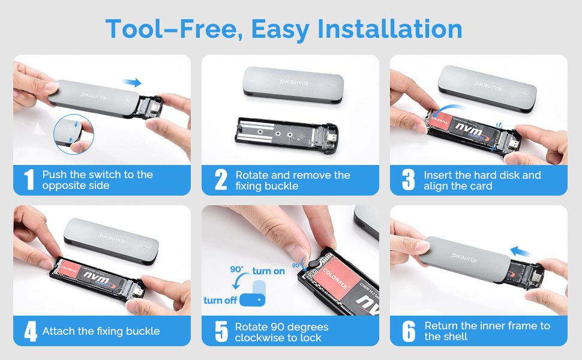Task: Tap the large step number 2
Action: (221, 179)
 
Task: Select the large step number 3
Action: (409, 179)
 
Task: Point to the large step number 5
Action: (221, 331)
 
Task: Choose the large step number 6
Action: (409, 331)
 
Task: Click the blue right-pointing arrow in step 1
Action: (131, 83)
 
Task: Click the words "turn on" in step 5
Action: (268, 271)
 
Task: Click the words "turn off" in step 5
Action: (220, 300)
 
